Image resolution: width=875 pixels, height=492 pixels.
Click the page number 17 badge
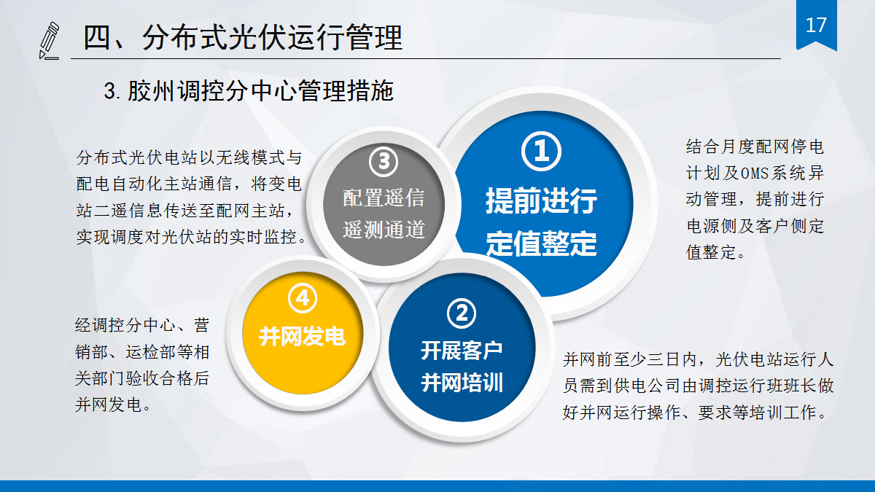(816, 26)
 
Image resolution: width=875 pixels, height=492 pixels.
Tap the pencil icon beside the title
(49, 40)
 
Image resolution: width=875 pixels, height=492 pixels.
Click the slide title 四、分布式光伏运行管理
(242, 37)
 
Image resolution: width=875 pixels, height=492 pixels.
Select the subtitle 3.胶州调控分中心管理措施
(249, 91)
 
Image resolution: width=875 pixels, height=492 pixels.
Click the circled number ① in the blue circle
(541, 152)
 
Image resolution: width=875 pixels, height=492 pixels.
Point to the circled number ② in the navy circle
(461, 314)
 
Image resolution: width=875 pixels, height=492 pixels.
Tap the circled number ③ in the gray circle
(384, 162)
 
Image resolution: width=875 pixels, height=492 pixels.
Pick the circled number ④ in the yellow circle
(303, 298)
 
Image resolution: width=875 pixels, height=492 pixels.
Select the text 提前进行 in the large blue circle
(541, 200)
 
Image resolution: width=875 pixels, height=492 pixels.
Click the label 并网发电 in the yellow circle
(302, 337)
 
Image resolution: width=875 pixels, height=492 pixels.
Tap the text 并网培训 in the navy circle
(462, 382)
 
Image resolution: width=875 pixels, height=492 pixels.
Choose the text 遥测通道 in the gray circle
(384, 230)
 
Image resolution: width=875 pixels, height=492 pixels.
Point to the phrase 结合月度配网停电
(755, 147)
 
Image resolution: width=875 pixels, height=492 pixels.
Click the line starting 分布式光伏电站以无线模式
(188, 157)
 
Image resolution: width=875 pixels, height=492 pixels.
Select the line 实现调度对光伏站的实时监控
(191, 238)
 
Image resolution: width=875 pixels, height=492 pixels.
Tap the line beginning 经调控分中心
(142, 324)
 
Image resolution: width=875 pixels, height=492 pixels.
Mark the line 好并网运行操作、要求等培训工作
(699, 413)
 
